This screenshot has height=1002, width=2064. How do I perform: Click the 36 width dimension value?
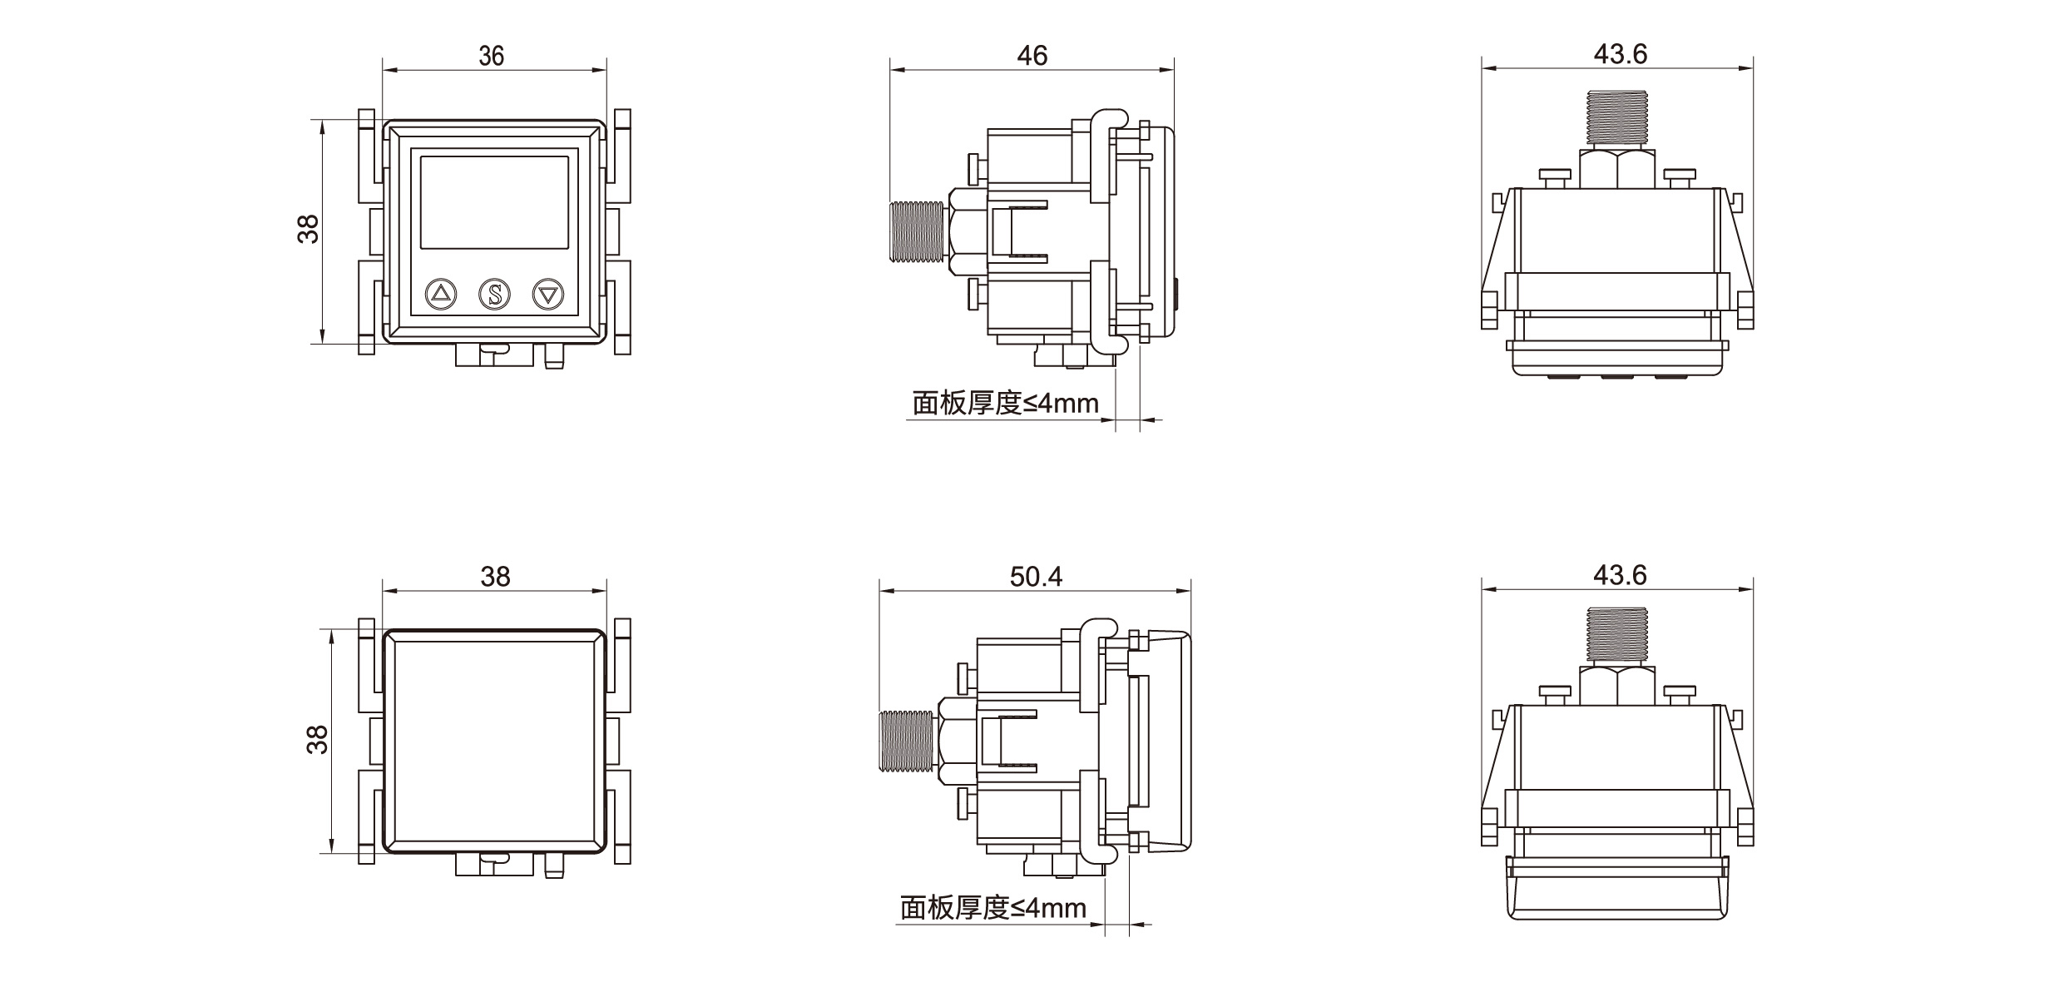coord(492,56)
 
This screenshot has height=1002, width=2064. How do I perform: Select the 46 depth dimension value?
coord(1032,56)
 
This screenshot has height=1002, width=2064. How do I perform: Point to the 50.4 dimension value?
coord(1036,576)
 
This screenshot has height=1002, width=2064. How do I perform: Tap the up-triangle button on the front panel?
coord(441,294)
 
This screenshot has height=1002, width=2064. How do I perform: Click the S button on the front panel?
coord(494,294)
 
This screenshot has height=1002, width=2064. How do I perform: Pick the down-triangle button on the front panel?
coord(548,294)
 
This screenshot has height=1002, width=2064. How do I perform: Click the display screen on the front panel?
coord(494,201)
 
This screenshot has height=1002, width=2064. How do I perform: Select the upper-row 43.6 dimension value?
coord(1620,54)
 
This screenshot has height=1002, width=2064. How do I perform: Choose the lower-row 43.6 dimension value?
coord(1620,574)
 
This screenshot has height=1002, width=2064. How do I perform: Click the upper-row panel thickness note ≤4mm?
coord(1005,404)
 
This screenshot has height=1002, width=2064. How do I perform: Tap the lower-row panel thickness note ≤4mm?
coord(992,907)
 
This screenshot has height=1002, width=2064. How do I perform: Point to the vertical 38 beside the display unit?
coord(309,229)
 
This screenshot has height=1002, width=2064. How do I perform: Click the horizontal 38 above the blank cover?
coord(495,576)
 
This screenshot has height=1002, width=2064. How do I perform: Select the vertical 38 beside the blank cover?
coord(317,739)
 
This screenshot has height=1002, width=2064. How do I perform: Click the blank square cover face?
coord(494,741)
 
